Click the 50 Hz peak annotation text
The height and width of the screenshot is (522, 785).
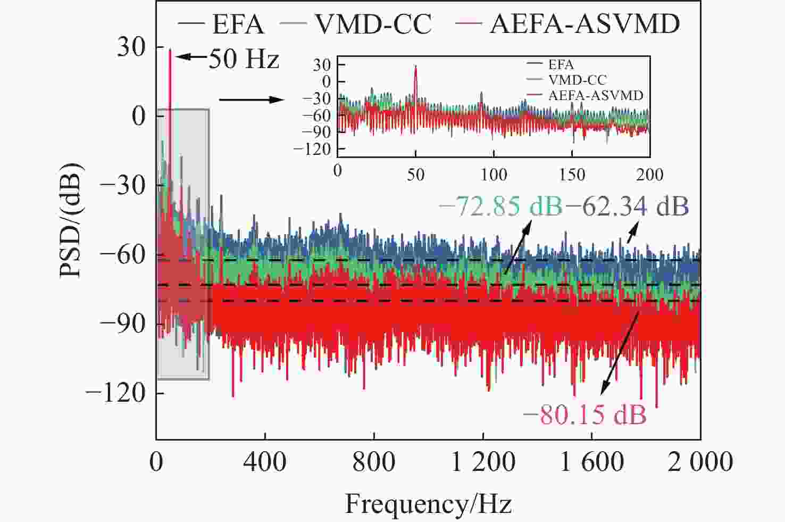(x=243, y=59)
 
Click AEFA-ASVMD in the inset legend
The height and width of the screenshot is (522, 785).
(x=596, y=95)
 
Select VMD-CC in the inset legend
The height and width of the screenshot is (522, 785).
(x=577, y=80)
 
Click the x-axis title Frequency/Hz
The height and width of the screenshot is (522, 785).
(x=428, y=503)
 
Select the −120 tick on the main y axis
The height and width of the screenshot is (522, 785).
(x=116, y=393)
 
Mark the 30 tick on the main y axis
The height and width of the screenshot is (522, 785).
(x=131, y=47)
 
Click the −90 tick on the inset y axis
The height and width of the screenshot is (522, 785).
(x=319, y=132)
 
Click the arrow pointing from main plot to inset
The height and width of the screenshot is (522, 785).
(x=251, y=100)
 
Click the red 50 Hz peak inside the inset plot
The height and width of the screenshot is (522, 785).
(x=415, y=67)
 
